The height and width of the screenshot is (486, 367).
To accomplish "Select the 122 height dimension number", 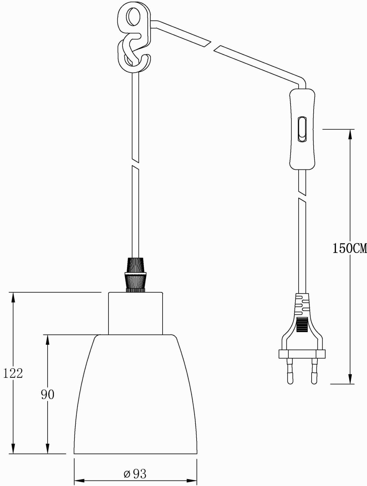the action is click(13, 373).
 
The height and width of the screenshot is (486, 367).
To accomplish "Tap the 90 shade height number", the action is click(48, 394).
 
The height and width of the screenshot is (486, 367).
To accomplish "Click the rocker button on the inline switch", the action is click(302, 129).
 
